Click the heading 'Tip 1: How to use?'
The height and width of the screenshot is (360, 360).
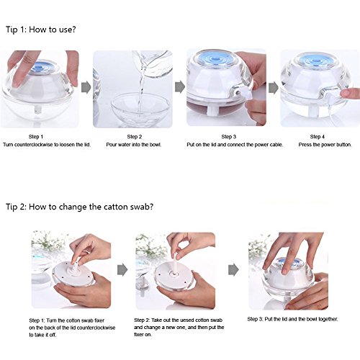[41, 30]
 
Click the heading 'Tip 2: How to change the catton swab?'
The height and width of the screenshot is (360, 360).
[79, 207]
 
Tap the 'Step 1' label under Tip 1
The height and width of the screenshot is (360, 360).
[36, 137]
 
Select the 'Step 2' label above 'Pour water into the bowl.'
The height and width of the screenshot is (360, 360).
[135, 137]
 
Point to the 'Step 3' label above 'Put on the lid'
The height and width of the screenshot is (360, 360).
[229, 137]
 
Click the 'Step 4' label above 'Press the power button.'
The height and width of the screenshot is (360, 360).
[317, 137]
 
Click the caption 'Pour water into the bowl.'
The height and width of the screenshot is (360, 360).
[134, 145]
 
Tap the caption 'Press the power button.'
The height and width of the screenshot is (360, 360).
[325, 145]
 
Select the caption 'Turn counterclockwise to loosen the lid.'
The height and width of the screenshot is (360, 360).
[47, 145]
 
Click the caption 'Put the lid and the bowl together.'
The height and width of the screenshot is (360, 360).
[292, 319]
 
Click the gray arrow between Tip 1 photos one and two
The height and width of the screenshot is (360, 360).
[86, 87]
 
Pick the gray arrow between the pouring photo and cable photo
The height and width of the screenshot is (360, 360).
[180, 87]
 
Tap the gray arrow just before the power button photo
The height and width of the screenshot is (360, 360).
[274, 88]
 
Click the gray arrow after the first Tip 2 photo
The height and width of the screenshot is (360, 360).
[122, 270]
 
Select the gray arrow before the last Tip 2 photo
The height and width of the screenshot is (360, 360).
[233, 270]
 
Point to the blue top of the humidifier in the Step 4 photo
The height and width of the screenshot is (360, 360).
[316, 60]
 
